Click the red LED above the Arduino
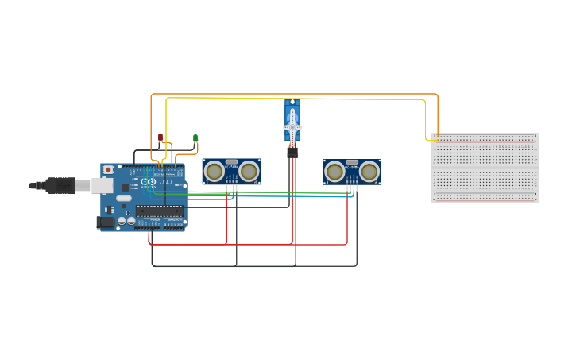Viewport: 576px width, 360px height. click(160, 137)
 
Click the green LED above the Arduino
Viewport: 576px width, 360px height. click(195, 138)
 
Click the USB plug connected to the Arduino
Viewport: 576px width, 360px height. click(60, 185)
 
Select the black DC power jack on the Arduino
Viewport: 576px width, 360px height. click(104, 223)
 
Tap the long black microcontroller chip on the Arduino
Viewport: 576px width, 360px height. click(159, 211)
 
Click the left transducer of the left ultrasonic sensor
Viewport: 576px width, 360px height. click(214, 171)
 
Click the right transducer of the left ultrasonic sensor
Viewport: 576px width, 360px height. click(249, 171)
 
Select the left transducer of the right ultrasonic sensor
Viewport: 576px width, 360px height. click(334, 172)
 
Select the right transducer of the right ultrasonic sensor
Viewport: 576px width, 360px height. click(369, 172)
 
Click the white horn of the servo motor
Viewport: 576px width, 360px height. click(292, 126)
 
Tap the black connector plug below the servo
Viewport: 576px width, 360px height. click(292, 152)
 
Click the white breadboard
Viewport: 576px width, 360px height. click(485, 168)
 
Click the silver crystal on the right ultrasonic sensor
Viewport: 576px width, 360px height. click(352, 162)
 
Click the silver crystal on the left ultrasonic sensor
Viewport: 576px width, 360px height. click(231, 161)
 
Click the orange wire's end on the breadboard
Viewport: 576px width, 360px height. click(435, 135)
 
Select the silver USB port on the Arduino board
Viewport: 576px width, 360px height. click(102, 185)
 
